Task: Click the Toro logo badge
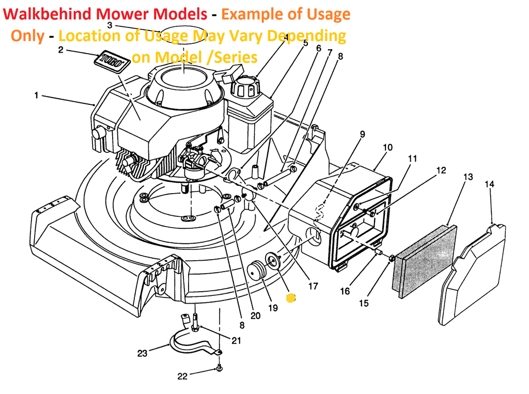tap(112, 61)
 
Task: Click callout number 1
tap(37, 96)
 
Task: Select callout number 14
tap(489, 184)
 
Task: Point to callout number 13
tap(468, 177)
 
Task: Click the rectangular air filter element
tap(425, 261)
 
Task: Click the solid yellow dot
tap(290, 298)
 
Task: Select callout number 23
tap(142, 353)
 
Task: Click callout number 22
tap(182, 376)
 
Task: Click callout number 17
tap(313, 286)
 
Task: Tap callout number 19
tap(273, 308)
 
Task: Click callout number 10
tap(387, 147)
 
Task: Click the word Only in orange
tap(28, 36)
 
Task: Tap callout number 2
tap(61, 50)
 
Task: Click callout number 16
tap(345, 291)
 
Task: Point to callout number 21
tap(236, 341)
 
